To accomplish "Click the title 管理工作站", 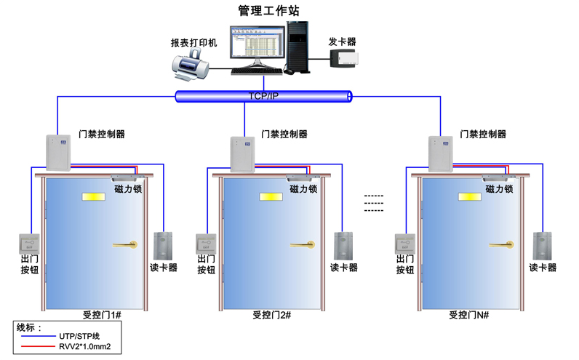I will click(x=268, y=10).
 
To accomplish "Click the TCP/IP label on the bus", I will click(x=263, y=96).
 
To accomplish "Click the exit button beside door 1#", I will click(x=29, y=243).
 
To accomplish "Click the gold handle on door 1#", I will click(x=124, y=244).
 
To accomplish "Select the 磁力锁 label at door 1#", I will click(x=129, y=188).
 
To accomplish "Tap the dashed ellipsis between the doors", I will click(x=373, y=203).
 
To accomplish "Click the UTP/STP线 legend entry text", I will click(x=79, y=337).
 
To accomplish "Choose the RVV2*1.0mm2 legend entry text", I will click(x=85, y=348).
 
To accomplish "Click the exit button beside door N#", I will click(x=404, y=243).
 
